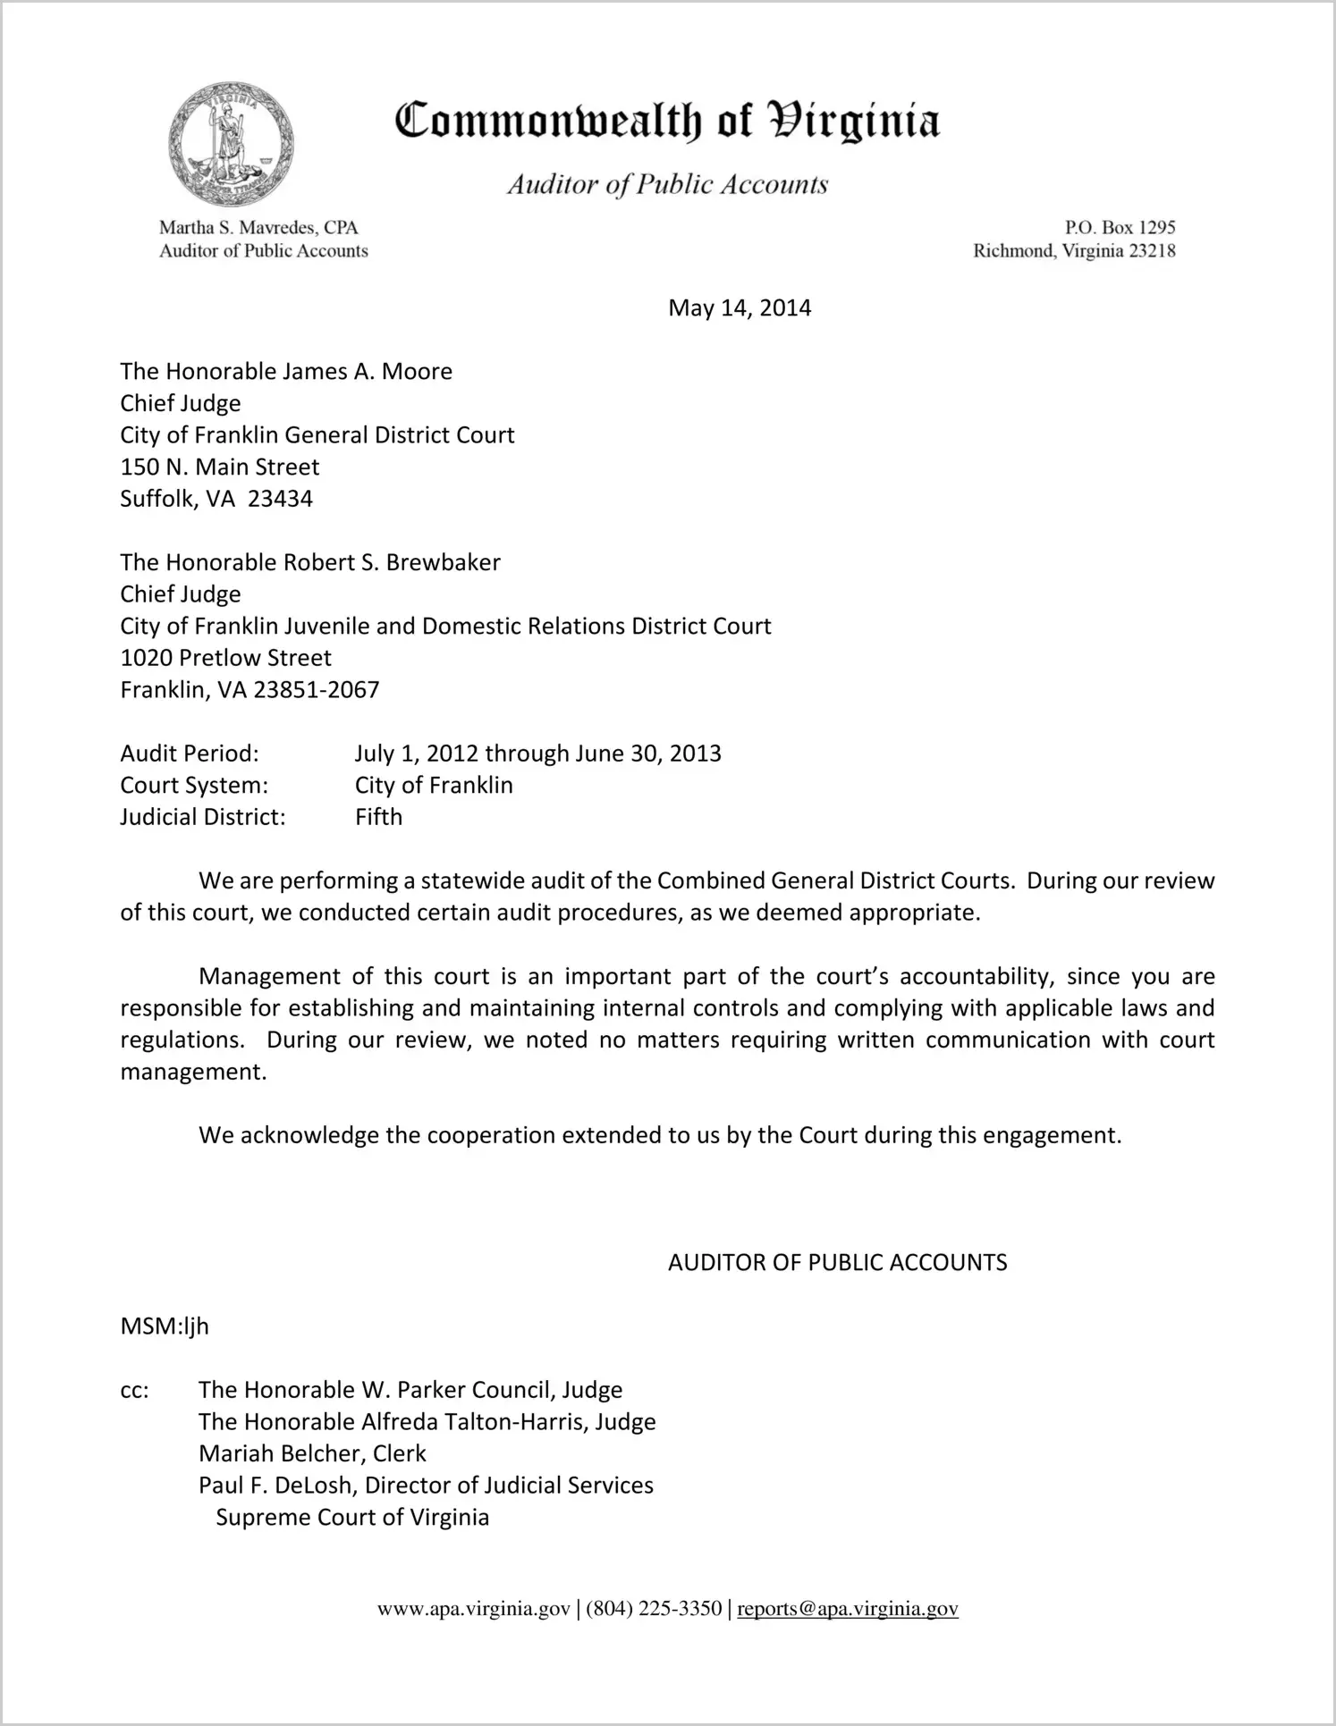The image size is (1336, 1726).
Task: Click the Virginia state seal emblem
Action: pos(231,145)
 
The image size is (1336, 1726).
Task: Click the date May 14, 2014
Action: pos(740,308)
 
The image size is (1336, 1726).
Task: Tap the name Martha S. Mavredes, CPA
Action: pos(258,228)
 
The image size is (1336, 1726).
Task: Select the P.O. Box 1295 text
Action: pos(1120,228)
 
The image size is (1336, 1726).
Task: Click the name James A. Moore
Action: pos(368,371)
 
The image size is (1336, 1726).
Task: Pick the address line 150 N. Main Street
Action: pos(220,467)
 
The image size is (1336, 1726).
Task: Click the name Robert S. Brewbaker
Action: pos(392,562)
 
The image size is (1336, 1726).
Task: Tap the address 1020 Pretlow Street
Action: pos(225,658)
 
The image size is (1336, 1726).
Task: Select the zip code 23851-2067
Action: pos(317,690)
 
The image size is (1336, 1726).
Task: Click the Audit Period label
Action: pos(190,754)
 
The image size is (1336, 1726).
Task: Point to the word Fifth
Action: pos(378,817)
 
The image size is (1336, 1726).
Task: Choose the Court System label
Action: pos(194,786)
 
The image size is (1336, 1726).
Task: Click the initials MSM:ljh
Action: pos(165,1326)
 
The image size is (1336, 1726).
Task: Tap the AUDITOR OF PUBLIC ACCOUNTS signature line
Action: pos(837,1262)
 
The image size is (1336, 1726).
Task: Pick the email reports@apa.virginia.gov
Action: pos(848,1609)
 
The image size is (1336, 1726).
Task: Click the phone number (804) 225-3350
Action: pos(654,1609)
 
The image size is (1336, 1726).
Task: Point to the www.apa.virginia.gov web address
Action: pos(473,1609)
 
